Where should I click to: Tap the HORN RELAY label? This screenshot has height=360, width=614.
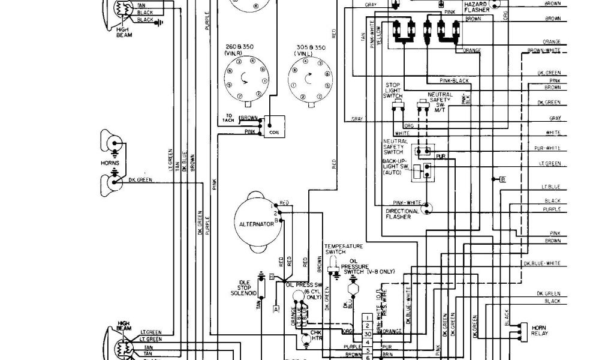click(538, 329)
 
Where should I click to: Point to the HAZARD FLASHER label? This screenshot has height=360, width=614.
click(476, 7)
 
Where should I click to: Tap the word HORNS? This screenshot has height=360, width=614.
click(110, 163)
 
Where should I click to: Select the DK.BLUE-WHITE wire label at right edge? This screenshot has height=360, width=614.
click(542, 263)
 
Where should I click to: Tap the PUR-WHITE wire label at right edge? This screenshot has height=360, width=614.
click(547, 148)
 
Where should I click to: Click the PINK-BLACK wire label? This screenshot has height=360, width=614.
click(453, 80)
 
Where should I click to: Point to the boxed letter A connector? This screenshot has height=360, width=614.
click(276, 310)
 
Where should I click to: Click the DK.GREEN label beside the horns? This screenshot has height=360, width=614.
click(140, 179)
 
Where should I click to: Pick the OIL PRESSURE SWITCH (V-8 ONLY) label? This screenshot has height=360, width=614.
click(371, 268)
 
